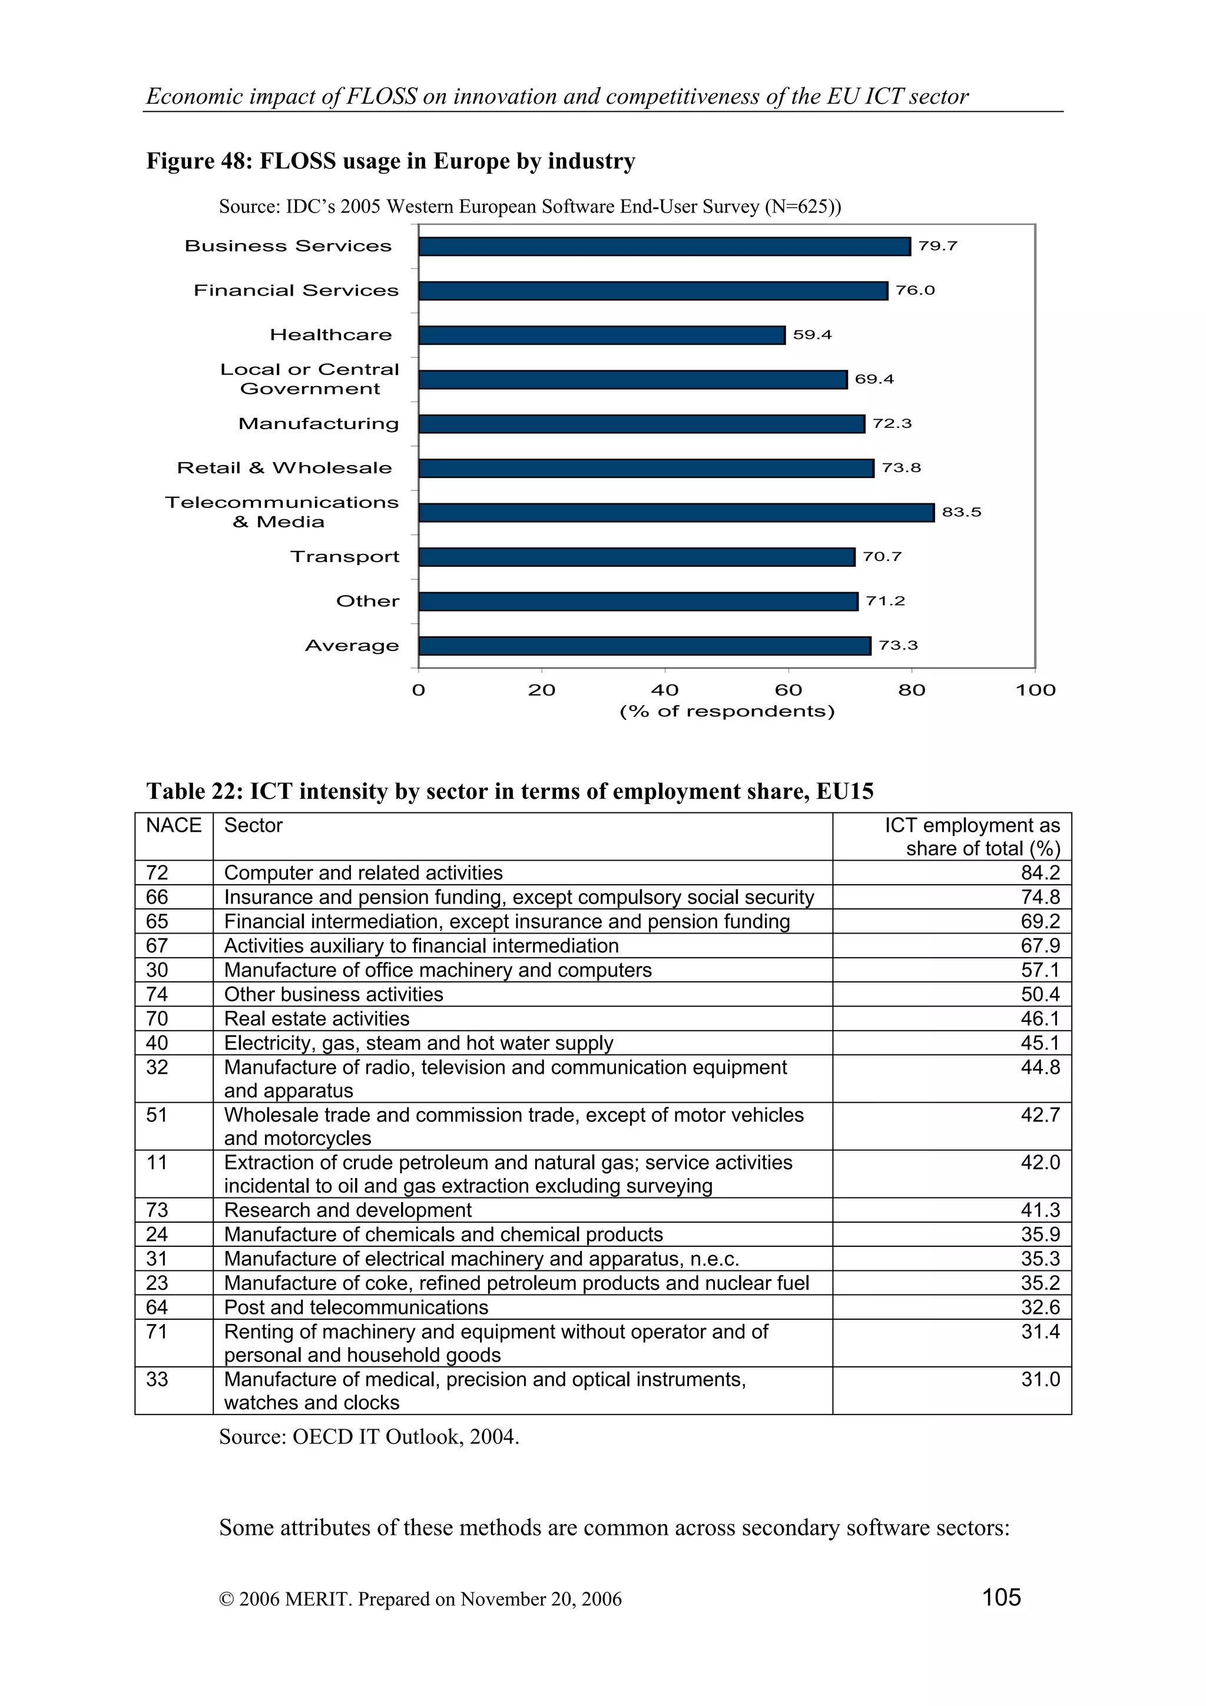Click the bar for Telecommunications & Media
pyautogui.click(x=675, y=513)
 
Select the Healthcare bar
pyautogui.click(x=601, y=335)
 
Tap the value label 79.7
pyautogui.click(x=937, y=246)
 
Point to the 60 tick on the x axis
pyautogui.click(x=788, y=689)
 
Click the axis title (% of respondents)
pyautogui.click(x=727, y=711)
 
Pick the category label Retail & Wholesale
pyautogui.click(x=284, y=468)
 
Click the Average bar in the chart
pyautogui.click(x=644, y=646)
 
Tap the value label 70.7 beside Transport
pyautogui.click(x=882, y=556)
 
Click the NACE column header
pyautogui.click(x=173, y=825)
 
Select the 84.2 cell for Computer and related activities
pyautogui.click(x=1039, y=872)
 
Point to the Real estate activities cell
pyautogui.click(x=317, y=1018)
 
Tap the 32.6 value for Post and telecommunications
pyautogui.click(x=1039, y=1307)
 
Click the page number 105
pyautogui.click(x=1001, y=1597)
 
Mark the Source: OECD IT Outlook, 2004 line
pyautogui.click(x=369, y=1436)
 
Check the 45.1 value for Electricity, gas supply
pyautogui.click(x=1039, y=1043)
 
